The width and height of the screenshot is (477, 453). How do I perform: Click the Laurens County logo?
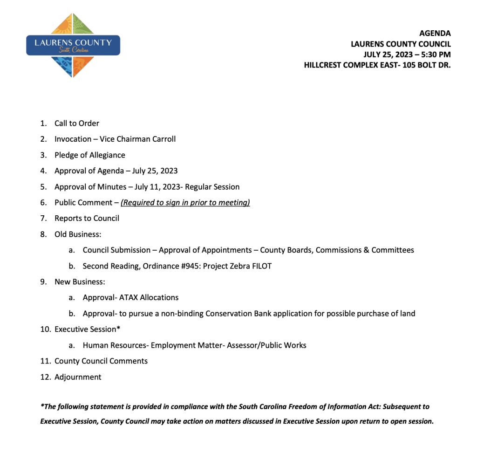73,45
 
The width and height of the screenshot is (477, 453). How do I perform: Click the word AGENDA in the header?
435,34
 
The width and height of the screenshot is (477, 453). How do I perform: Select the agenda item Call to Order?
77,124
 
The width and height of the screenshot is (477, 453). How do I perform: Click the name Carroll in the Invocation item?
162,139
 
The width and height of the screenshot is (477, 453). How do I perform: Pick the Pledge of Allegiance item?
90,155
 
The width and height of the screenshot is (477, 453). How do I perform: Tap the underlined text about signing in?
185,203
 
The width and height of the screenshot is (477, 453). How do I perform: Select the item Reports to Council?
87,219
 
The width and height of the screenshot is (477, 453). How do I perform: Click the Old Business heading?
78,234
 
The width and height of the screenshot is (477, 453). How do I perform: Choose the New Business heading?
80,282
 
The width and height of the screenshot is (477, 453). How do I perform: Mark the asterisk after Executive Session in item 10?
119,329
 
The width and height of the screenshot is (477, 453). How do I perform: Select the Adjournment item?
78,377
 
